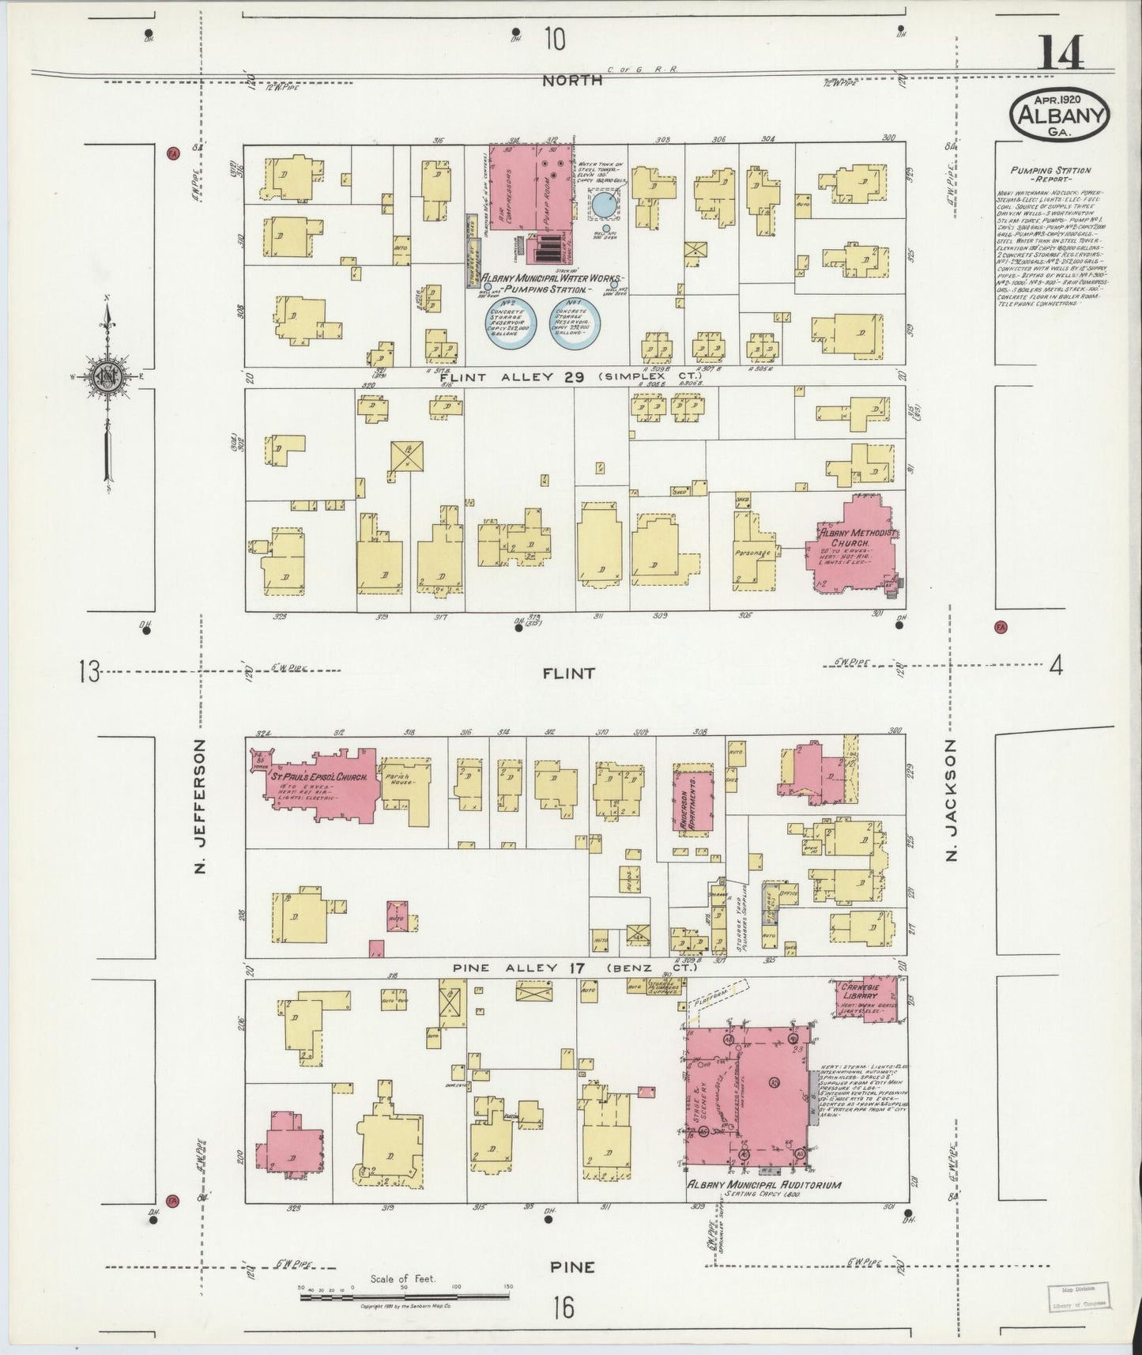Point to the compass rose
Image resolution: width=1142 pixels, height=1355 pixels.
(x=106, y=376)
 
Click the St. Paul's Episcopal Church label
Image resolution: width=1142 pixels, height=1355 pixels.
(x=320, y=778)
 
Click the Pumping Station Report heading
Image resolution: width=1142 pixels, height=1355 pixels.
(x=1050, y=175)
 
